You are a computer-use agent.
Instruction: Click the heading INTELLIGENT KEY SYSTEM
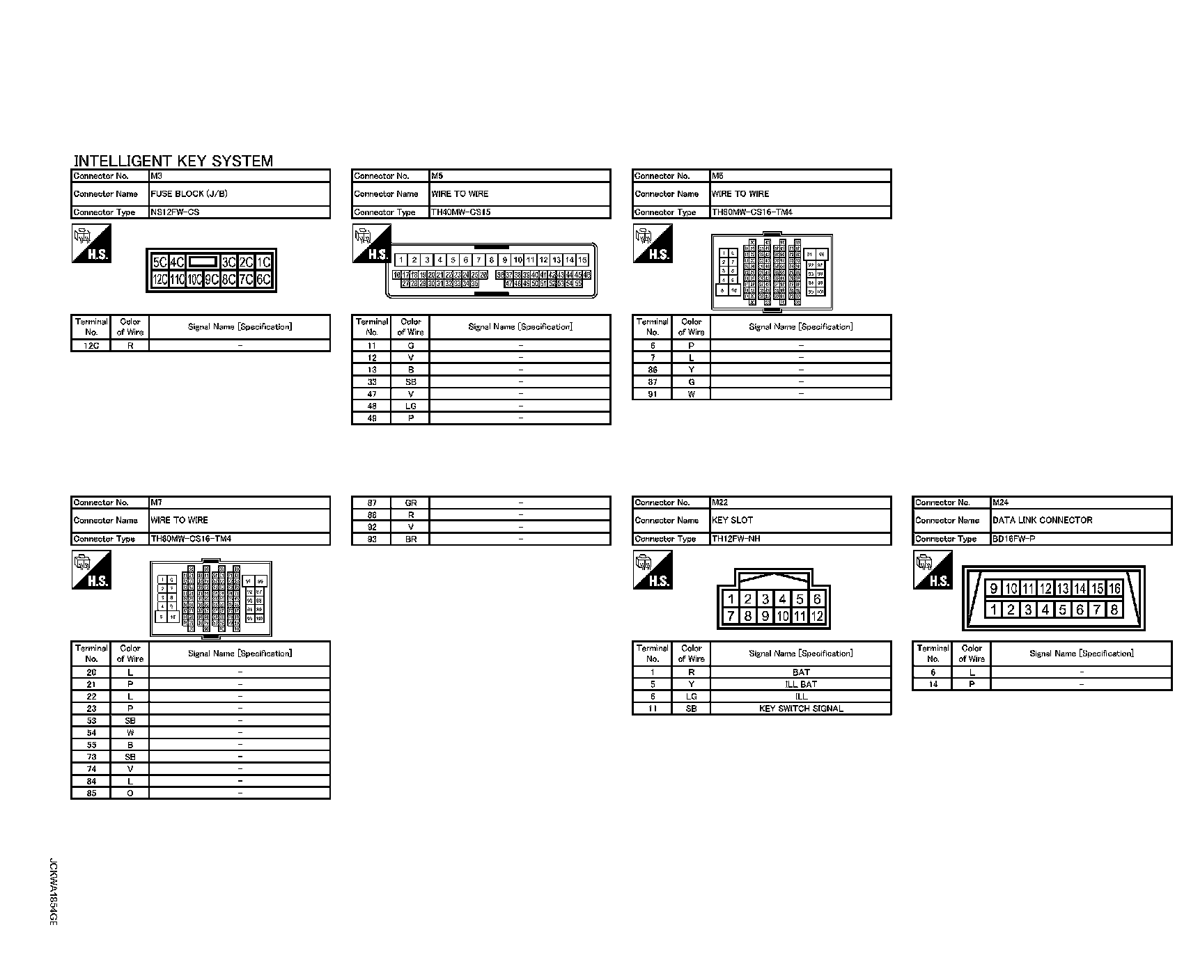pyautogui.click(x=173, y=161)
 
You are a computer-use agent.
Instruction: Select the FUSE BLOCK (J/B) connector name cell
pyautogui.click(x=189, y=193)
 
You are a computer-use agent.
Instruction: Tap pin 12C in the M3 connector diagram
pyautogui.click(x=159, y=279)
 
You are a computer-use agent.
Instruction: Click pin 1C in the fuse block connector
pyautogui.click(x=263, y=262)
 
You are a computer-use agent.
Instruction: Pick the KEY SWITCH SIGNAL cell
pyautogui.click(x=801, y=709)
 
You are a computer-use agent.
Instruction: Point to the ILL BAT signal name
pyautogui.click(x=801, y=684)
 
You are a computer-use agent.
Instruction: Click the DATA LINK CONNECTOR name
pyautogui.click(x=1042, y=520)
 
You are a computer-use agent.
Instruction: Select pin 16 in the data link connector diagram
pyautogui.click(x=1114, y=589)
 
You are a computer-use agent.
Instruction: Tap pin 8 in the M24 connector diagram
pyautogui.click(x=1114, y=610)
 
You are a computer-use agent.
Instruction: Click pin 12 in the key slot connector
pyautogui.click(x=817, y=616)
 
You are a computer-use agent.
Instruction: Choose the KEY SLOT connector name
pyautogui.click(x=732, y=520)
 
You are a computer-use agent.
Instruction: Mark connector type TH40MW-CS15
pyautogui.click(x=460, y=212)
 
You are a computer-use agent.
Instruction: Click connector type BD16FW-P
pyautogui.click(x=1013, y=539)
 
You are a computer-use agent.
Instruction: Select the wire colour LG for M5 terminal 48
pyautogui.click(x=411, y=406)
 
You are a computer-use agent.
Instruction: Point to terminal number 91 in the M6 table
pyautogui.click(x=653, y=394)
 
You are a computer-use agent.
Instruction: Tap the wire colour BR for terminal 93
pyautogui.click(x=411, y=539)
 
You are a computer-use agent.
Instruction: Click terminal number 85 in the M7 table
pyautogui.click(x=91, y=793)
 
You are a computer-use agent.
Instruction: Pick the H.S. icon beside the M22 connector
pyautogui.click(x=653, y=570)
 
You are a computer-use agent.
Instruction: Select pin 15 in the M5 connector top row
pyautogui.click(x=583, y=260)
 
